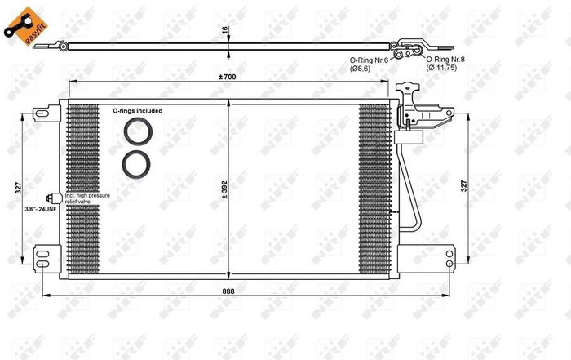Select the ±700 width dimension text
click(228, 76)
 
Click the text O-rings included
click(137, 110)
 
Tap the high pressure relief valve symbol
click(53, 198)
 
